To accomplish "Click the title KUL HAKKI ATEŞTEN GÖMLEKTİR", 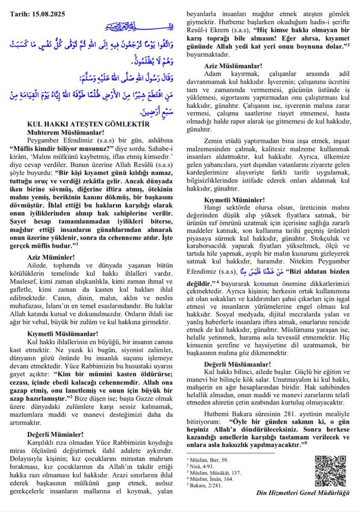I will pyautogui.click(x=89, y=124).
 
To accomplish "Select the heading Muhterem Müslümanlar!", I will pyautogui.click(x=66, y=133).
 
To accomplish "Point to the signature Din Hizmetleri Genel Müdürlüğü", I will pyautogui.click(x=303, y=493).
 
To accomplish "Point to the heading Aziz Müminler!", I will pyautogui.click(x=51, y=257).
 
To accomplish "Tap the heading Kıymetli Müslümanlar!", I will pyautogui.click(x=63, y=334).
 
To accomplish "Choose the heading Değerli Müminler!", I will pyautogui.click(x=55, y=434).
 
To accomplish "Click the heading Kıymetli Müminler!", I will pyautogui.click(x=235, y=200).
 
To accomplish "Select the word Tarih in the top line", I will pyautogui.click(x=19, y=14).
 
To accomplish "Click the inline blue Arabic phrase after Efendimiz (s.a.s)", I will pyautogui.click(x=261, y=271).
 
